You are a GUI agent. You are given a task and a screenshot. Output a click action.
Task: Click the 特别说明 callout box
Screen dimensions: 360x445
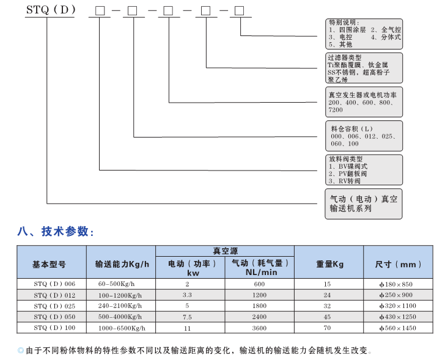364,33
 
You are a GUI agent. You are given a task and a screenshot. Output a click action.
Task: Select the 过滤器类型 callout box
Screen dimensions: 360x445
364,68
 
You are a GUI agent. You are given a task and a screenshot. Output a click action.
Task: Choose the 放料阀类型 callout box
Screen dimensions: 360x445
364,169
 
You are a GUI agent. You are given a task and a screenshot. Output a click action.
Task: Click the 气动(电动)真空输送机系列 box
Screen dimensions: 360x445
364,204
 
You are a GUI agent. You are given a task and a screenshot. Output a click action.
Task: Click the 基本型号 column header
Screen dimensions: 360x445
51,264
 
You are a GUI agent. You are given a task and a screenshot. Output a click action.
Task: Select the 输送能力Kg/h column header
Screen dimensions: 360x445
121,264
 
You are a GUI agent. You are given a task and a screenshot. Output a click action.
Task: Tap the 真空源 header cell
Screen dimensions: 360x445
225,251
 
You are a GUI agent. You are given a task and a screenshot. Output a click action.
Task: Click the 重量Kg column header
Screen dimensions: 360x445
329,264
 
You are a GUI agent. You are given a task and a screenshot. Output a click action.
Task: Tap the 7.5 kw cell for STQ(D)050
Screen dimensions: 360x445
187,317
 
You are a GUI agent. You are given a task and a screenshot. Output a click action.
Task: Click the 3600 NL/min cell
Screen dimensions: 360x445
260,328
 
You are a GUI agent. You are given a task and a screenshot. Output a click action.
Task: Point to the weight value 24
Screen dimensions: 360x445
327,295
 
